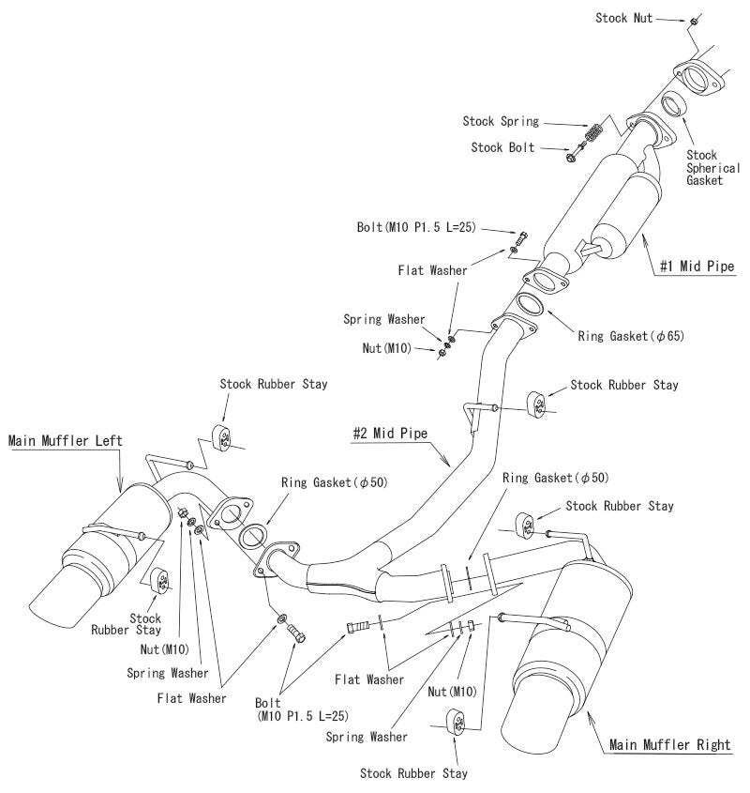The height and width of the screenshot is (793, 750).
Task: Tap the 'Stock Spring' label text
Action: pos(501,121)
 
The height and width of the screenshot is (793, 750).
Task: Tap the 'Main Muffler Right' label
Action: pos(669,745)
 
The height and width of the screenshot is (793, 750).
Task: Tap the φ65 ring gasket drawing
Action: pos(530,306)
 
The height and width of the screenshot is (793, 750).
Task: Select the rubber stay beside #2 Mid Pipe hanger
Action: pos(541,401)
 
